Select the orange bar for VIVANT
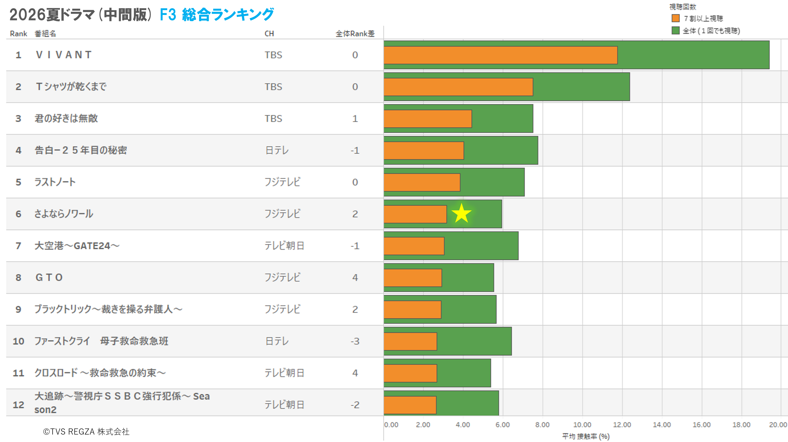500,55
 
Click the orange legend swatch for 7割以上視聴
675,18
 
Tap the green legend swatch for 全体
675,30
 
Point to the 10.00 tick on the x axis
582,425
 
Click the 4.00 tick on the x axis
463,425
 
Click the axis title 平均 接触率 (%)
586,436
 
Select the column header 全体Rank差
355,34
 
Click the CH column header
269,34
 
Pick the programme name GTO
49,277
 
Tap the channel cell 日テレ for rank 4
277,150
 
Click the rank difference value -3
355,341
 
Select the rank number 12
18,405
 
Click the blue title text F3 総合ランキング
217,14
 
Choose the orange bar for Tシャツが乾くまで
458,87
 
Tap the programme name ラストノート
55,182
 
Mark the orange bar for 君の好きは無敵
428,119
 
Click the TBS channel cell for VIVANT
273,55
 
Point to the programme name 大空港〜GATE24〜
77,246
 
